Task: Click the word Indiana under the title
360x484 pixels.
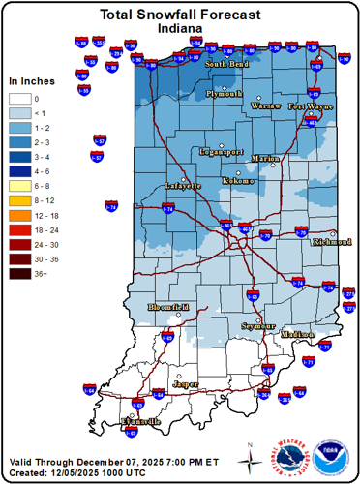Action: tap(180, 30)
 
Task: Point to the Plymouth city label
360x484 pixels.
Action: tap(225, 94)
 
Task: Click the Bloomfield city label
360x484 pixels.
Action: tap(168, 307)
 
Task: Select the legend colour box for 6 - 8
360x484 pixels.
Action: tap(18, 182)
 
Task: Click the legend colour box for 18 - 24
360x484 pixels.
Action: tap(18, 231)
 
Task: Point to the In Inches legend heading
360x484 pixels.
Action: tap(32, 81)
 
